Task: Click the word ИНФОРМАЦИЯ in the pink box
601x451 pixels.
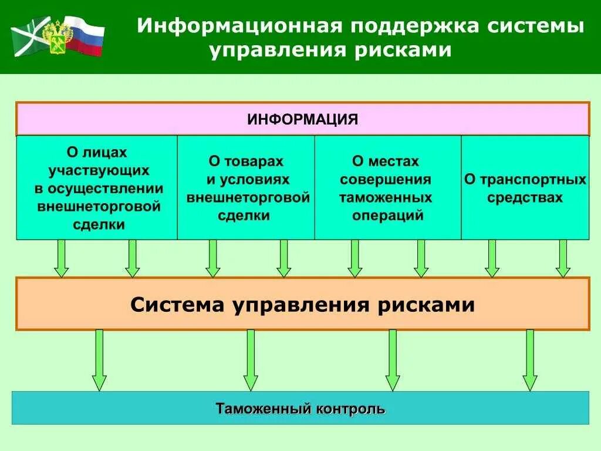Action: pos(302,120)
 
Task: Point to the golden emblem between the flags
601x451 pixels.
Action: pos(58,36)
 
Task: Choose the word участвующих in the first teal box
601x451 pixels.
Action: pos(99,171)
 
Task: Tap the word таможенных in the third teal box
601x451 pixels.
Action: pos(385,197)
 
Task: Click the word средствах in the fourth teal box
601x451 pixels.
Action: pos(525,197)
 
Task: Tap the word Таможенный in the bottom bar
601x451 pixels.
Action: pos(262,409)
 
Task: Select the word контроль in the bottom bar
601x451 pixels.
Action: pos(350,409)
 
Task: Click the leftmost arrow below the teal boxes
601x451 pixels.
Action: pos(61,258)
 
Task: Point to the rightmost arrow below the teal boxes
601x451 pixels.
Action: pos(563,258)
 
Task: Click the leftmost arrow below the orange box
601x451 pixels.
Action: pos(99,359)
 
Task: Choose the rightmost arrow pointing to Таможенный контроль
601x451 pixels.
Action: pos(530,359)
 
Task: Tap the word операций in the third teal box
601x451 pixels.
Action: pos(387,216)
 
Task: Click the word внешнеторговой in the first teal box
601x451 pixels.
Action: pos(99,207)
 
